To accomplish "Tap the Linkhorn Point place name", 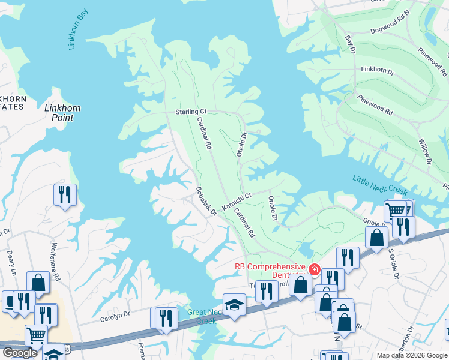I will pos(63,113).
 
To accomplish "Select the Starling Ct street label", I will pos(191,112).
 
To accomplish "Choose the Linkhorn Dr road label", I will pos(377,71).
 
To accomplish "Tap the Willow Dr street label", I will pos(425,152).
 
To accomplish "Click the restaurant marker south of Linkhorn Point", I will pos(65,194).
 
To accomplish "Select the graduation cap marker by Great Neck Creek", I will pos(234,304).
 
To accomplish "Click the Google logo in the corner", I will pos(20,353).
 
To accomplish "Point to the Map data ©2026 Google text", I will pos(411,355).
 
